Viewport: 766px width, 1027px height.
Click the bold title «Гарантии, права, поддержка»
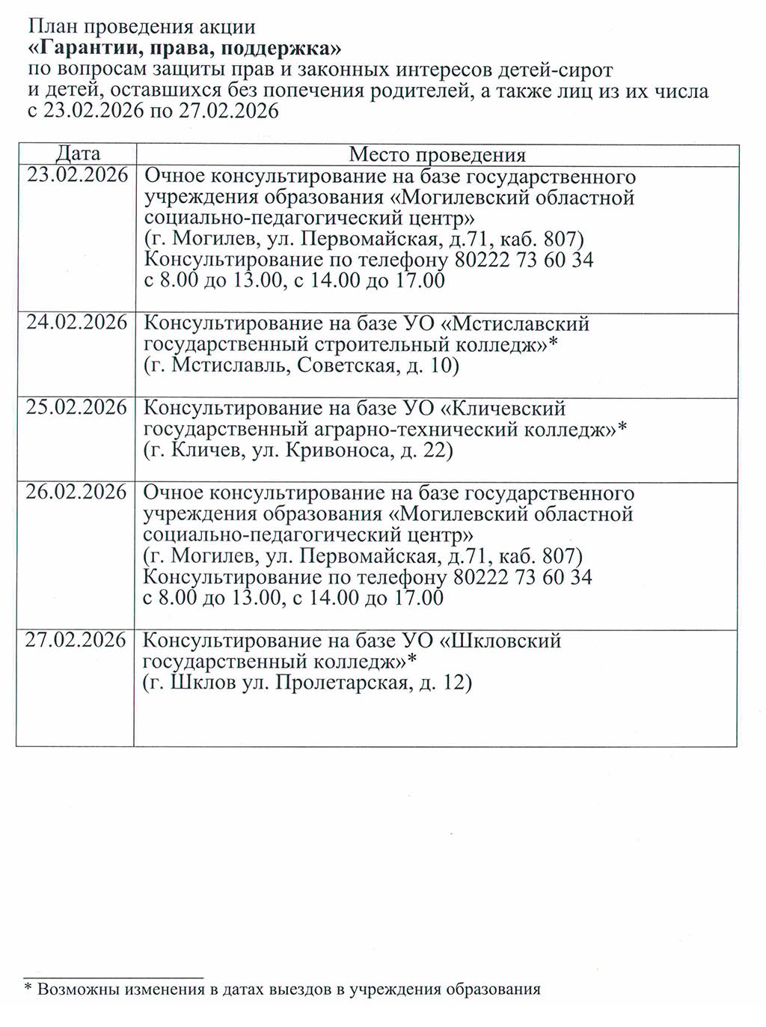[184, 49]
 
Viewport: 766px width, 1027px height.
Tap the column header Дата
[78, 153]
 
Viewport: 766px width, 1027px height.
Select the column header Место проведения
[437, 155]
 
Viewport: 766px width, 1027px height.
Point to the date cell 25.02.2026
[76, 407]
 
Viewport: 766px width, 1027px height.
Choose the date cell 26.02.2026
[76, 492]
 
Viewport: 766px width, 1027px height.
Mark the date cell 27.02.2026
[76, 640]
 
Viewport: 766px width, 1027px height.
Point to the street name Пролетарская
[342, 683]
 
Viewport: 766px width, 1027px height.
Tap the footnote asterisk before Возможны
[28, 990]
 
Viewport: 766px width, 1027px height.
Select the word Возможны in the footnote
[79, 990]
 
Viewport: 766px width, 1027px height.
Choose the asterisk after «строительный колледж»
[554, 343]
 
